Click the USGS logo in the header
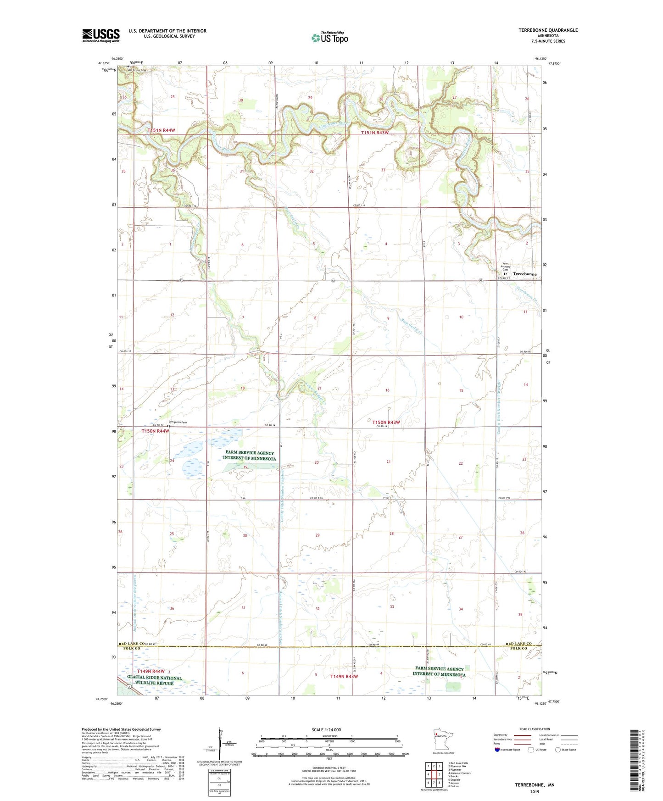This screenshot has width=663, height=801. point(100,35)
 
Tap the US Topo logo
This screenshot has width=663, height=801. point(329,38)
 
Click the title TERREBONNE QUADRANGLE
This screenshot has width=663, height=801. point(548,30)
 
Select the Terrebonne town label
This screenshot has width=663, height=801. point(524,274)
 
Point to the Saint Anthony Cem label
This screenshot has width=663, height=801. point(505,267)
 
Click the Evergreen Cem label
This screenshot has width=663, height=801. point(178,422)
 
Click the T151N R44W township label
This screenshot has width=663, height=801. point(161,130)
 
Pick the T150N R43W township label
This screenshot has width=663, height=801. point(386,422)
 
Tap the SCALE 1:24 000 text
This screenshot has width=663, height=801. point(326,730)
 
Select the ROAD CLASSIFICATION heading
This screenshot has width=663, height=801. point(535,729)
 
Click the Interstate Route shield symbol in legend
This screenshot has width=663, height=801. point(497,750)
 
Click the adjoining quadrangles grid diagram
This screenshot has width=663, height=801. point(434,774)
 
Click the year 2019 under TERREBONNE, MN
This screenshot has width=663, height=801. point(535,791)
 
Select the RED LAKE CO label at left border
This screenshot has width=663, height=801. point(132,644)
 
